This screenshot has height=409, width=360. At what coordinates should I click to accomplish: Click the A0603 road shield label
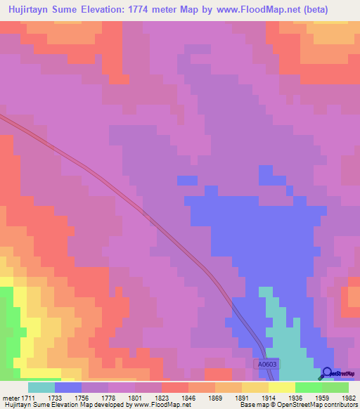[x=266, y=363]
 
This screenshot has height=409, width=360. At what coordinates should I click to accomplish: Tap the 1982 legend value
[x=349, y=397]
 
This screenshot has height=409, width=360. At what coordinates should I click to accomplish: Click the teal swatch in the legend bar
[x=41, y=387]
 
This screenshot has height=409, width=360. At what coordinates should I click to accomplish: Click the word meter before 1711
[x=11, y=397]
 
